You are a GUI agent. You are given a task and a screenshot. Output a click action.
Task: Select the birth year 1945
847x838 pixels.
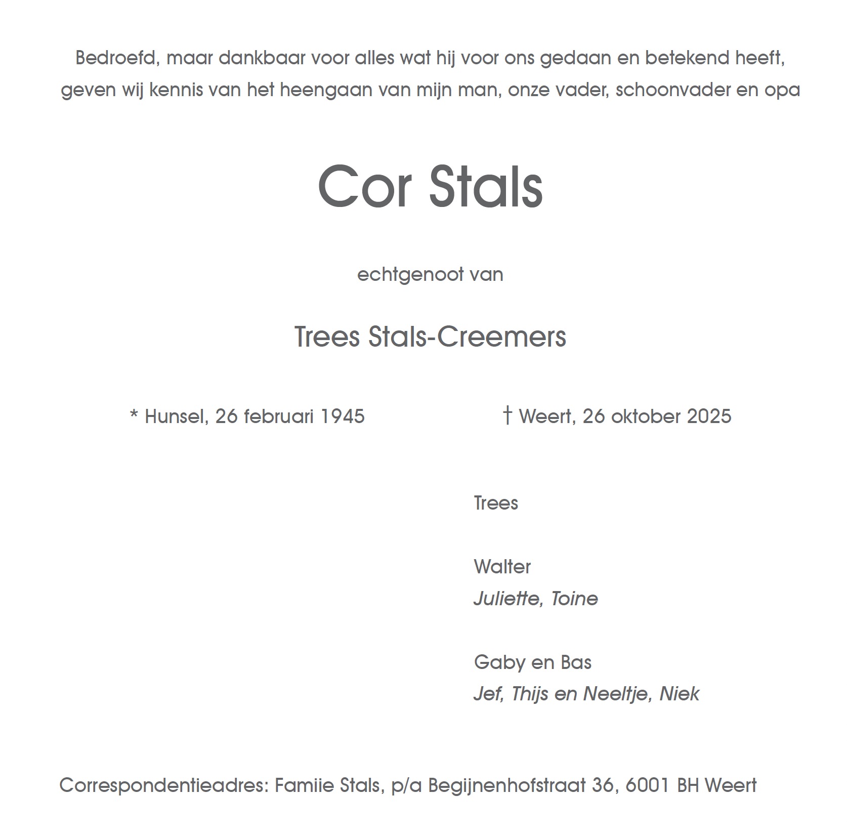coord(343,416)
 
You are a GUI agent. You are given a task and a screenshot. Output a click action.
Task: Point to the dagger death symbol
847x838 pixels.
coord(507,415)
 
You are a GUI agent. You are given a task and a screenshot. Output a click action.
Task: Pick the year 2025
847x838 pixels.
coord(709,416)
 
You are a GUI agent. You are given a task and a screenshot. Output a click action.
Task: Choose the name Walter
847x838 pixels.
coord(502,567)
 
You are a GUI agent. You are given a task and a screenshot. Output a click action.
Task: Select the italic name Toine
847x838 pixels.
coord(574,599)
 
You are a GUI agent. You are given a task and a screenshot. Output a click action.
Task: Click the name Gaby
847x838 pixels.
coord(494,662)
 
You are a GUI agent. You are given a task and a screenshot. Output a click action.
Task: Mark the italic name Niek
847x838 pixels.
coord(680,694)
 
